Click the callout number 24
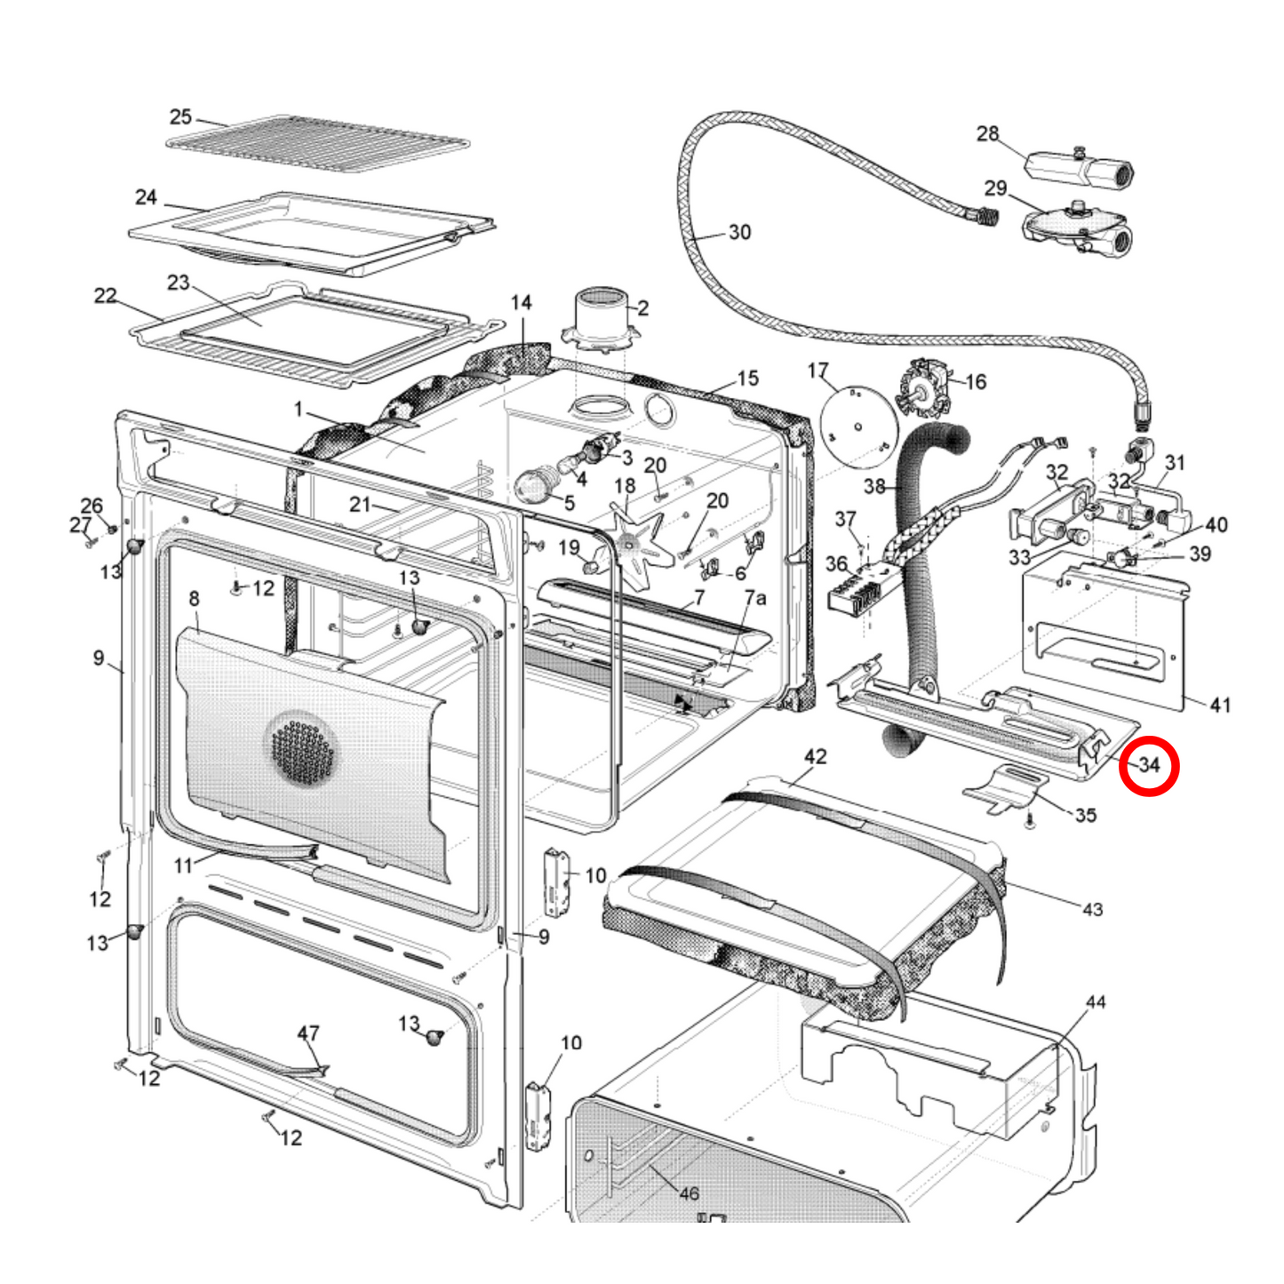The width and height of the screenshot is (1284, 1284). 146,196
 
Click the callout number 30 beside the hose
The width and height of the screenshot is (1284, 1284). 739,232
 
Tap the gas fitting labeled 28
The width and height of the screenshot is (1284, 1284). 1080,166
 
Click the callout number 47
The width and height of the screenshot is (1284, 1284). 307,1033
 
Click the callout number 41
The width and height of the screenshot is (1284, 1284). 1220,705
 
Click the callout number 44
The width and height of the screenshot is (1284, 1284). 1096,1001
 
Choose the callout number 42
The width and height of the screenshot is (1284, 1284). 815,756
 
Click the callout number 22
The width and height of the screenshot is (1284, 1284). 105,295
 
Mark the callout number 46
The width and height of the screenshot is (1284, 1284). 689,1193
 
